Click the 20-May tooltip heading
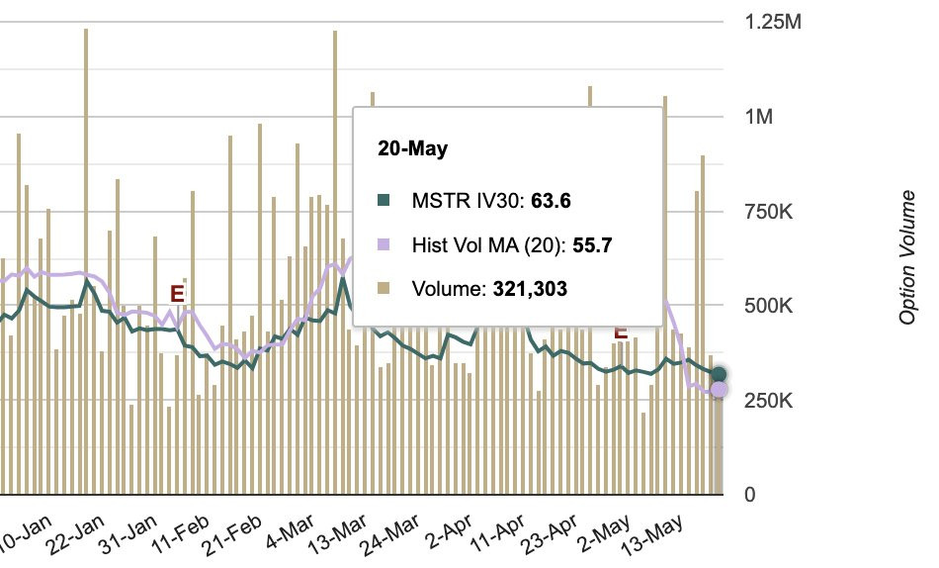[x=412, y=149]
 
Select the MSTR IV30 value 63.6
[x=552, y=202]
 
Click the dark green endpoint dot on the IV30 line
[x=719, y=374]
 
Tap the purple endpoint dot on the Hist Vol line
[x=719, y=390]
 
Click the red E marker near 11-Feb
[x=177, y=293]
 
